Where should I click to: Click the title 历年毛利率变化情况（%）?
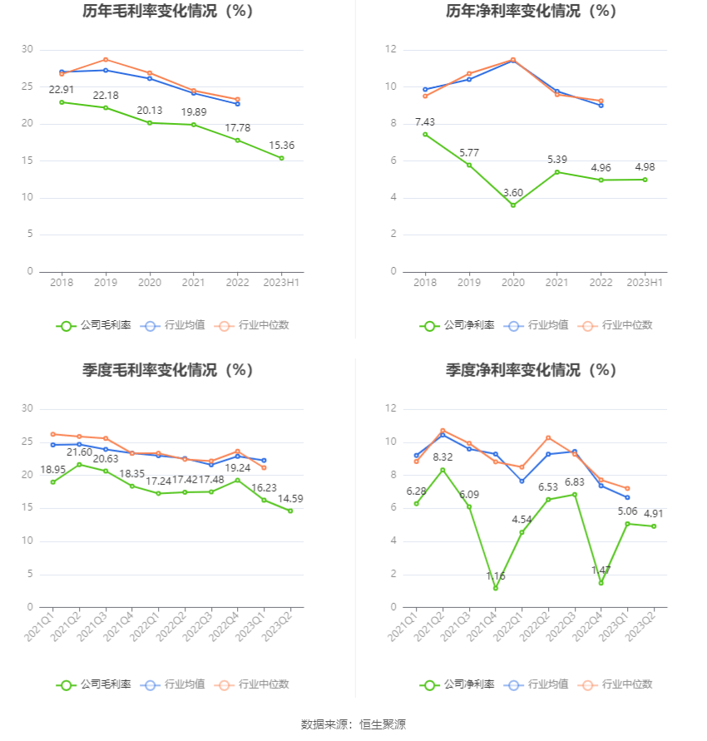click(x=167, y=12)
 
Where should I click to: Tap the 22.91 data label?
click(x=62, y=90)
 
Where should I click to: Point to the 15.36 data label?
click(x=282, y=146)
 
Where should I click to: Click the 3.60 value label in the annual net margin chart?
click(x=512, y=192)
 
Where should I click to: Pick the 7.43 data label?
click(x=425, y=122)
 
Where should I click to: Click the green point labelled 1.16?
click(x=496, y=588)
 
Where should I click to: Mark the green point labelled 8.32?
click(x=442, y=470)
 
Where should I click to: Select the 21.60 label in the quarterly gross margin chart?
click(x=79, y=452)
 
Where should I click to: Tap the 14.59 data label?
click(x=290, y=499)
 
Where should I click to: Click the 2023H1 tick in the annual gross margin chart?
click(x=282, y=283)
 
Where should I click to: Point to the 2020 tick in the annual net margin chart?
click(x=512, y=283)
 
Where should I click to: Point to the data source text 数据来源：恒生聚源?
click(x=353, y=724)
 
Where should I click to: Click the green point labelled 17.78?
click(x=238, y=140)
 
